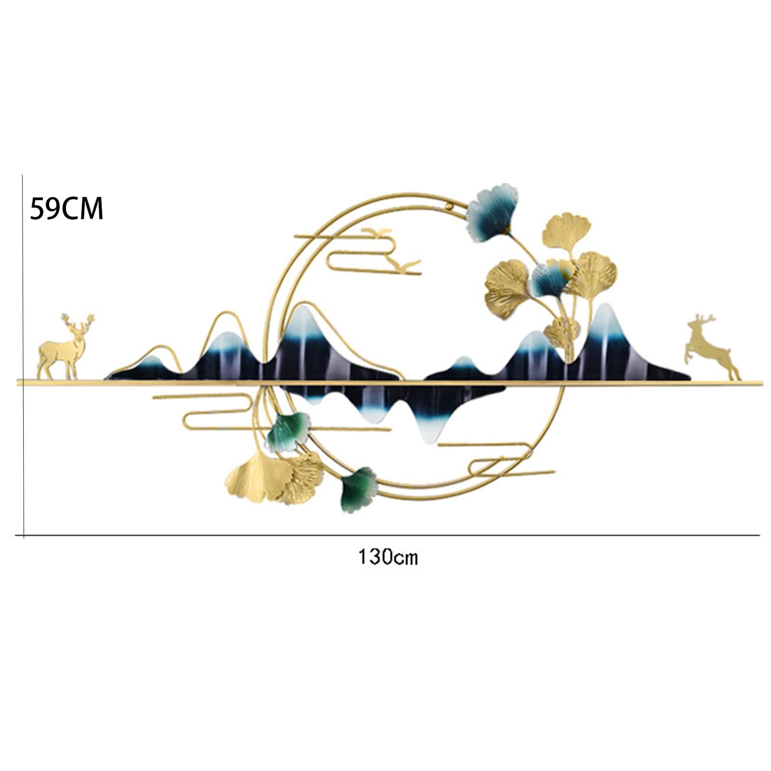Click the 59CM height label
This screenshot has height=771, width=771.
[66, 209]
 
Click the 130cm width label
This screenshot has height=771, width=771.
[388, 557]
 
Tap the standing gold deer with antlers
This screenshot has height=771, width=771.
[65, 348]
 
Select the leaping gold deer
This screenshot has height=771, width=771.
[712, 347]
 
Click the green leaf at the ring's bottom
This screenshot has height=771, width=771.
[359, 489]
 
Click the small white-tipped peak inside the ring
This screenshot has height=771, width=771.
[462, 362]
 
